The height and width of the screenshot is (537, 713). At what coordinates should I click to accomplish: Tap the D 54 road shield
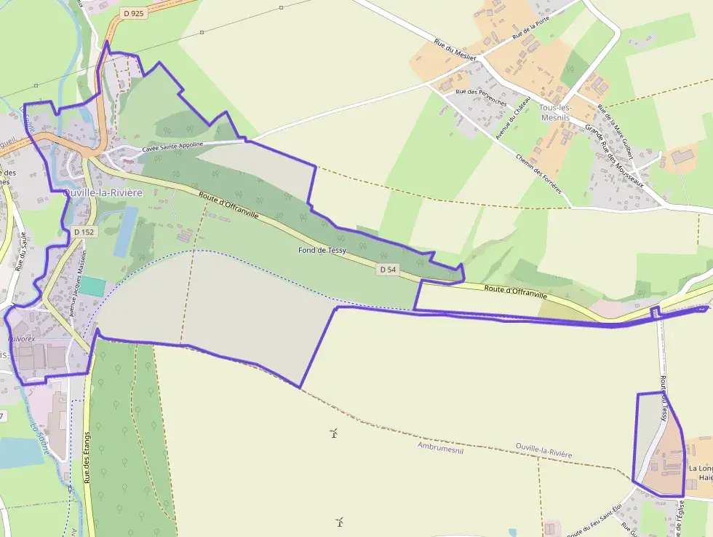point(388,270)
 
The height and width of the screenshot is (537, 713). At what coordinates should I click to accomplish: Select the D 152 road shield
point(84,232)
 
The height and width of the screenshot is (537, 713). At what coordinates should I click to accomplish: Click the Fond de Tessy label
point(322,250)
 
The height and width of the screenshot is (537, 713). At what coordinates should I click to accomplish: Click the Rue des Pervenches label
point(480,97)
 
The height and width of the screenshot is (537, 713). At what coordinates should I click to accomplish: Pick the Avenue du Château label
point(512,118)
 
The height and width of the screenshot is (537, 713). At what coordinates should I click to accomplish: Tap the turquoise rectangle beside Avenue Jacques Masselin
point(92,286)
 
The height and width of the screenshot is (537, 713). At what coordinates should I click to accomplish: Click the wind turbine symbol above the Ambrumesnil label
point(334,434)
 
